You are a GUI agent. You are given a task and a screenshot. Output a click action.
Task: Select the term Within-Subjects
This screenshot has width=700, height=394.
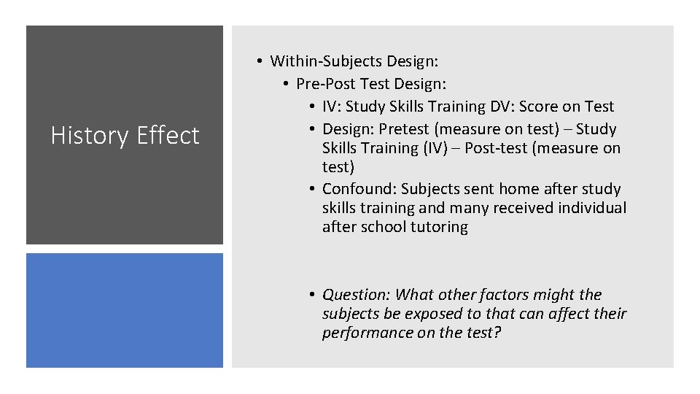[x=326, y=61]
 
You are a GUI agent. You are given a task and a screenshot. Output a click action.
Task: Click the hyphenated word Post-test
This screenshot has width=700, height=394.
[x=521, y=148]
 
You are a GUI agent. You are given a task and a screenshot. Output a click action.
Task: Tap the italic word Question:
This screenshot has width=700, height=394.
[x=357, y=295]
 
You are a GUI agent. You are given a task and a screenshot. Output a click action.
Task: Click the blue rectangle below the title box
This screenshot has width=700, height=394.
[x=125, y=310]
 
